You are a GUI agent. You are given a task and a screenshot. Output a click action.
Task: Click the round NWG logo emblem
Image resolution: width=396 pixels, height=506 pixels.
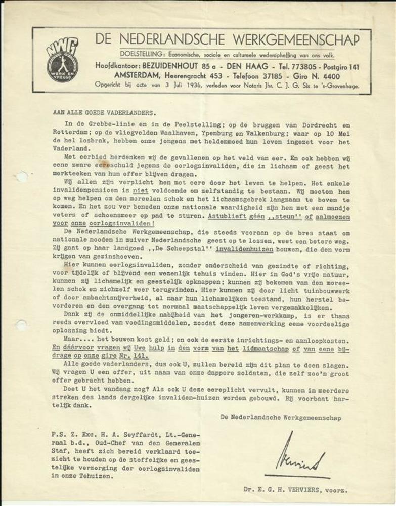coord(63,60)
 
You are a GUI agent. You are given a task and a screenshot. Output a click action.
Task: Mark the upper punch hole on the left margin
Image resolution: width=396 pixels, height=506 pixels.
coord(21,177)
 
